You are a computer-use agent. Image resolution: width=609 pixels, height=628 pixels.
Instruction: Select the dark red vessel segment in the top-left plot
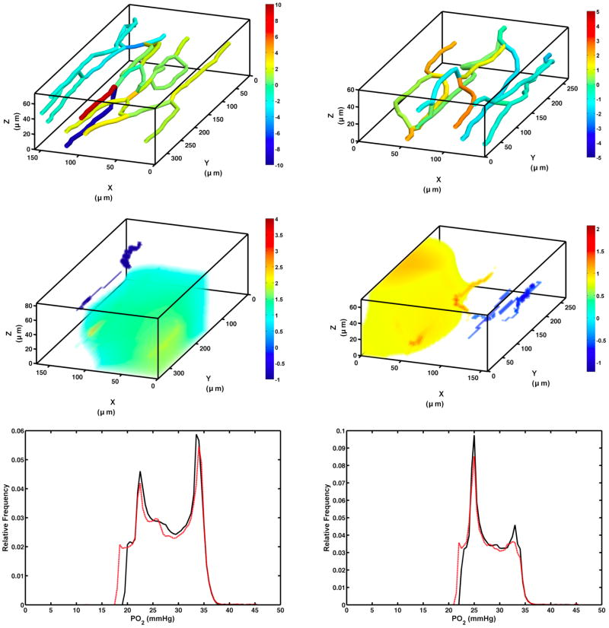(x=98, y=101)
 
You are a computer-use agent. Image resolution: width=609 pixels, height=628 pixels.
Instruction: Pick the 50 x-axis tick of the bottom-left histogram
(x=280, y=611)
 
